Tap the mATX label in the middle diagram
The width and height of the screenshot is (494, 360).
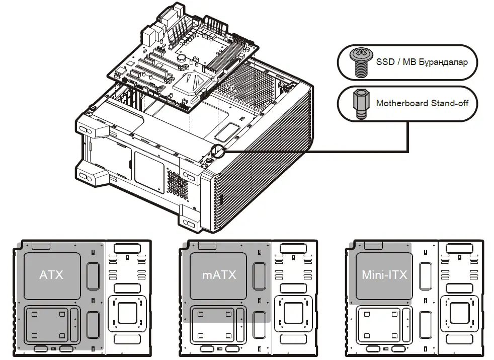[219, 275]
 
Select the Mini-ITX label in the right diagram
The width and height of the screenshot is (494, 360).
[384, 275]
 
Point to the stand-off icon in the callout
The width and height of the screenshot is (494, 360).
[359, 104]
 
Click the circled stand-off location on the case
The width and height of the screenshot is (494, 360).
[218, 150]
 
